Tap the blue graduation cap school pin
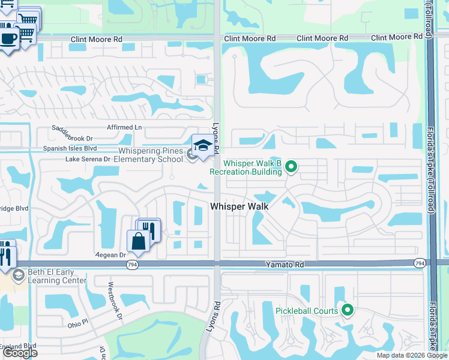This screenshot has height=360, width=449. [203, 146]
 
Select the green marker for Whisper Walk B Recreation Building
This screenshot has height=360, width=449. [291, 166]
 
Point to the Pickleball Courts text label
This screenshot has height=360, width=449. [306, 311]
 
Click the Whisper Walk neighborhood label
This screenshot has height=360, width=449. [238, 206]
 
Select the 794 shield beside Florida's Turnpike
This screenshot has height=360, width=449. [420, 263]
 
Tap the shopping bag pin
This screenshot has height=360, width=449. [138, 241]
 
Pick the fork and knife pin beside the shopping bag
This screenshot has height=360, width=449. [148, 230]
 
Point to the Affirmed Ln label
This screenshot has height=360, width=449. [124, 127]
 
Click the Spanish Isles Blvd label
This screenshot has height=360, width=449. [70, 148]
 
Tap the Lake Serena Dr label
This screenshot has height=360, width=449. [88, 160]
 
